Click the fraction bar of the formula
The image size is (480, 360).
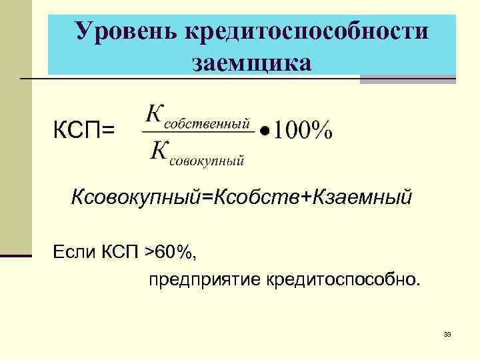coord(198,131)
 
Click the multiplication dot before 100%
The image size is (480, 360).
coord(264,131)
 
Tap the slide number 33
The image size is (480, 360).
coord(447,334)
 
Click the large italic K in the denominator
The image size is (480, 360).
coord(159,151)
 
